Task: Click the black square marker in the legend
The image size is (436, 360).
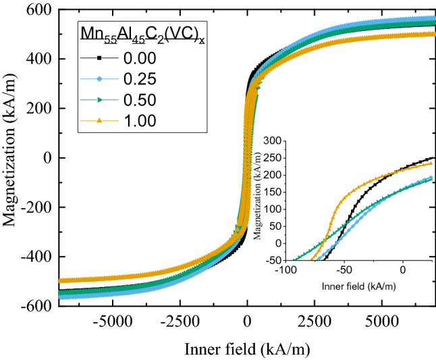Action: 98,59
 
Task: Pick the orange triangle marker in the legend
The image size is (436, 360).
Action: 98,121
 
